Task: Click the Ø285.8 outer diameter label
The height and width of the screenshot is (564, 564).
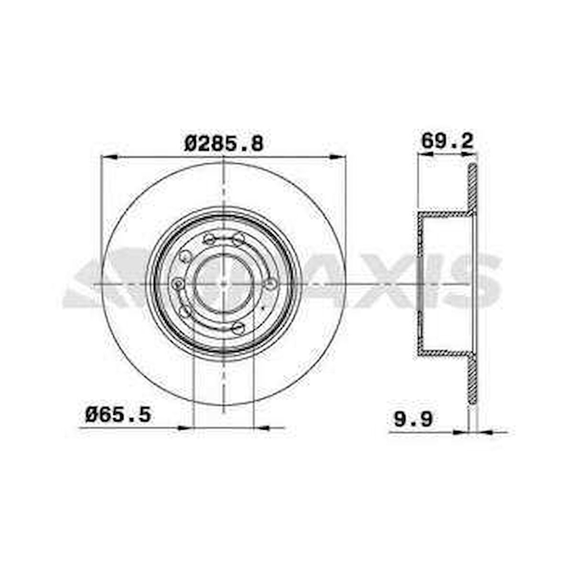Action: click(224, 143)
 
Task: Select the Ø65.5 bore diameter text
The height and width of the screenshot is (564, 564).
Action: click(118, 414)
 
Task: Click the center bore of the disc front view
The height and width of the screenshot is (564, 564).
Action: click(223, 283)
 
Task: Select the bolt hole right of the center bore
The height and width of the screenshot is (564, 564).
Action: click(271, 284)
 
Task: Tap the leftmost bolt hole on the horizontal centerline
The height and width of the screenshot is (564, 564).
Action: click(179, 284)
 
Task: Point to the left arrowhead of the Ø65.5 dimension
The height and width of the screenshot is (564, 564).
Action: click(185, 427)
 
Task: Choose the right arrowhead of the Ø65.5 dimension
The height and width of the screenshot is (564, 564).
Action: click(260, 427)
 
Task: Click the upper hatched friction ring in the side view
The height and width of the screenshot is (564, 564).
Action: click(472, 186)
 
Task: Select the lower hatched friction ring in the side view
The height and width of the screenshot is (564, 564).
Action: click(472, 380)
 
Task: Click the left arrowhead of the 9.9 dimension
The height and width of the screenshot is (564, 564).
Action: click(461, 433)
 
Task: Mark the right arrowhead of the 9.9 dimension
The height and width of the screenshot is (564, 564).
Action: click(484, 433)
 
